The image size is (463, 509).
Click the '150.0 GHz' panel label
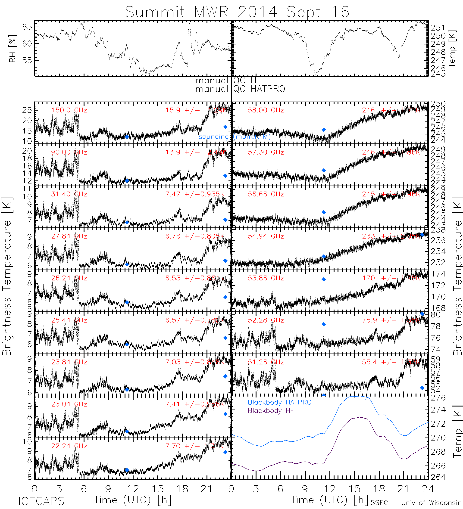(x=69, y=110)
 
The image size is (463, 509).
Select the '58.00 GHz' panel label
(x=266, y=110)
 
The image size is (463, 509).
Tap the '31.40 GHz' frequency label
(x=69, y=194)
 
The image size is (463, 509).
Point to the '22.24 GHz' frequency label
(x=69, y=446)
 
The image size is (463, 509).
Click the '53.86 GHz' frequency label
(x=266, y=278)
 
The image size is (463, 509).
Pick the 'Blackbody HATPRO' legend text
(x=279, y=402)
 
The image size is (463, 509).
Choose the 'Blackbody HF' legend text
(x=271, y=411)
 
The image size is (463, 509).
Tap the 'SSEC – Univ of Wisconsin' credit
(x=416, y=503)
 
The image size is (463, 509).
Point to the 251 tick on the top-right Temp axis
(x=438, y=28)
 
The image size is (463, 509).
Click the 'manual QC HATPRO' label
(x=240, y=89)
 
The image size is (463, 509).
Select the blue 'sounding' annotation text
(x=213, y=137)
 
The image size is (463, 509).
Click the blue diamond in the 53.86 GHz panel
(x=324, y=279)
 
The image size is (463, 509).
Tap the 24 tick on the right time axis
(x=428, y=489)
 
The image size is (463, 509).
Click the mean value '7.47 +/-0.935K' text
(x=194, y=194)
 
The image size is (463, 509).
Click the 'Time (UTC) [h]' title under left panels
(x=133, y=500)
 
